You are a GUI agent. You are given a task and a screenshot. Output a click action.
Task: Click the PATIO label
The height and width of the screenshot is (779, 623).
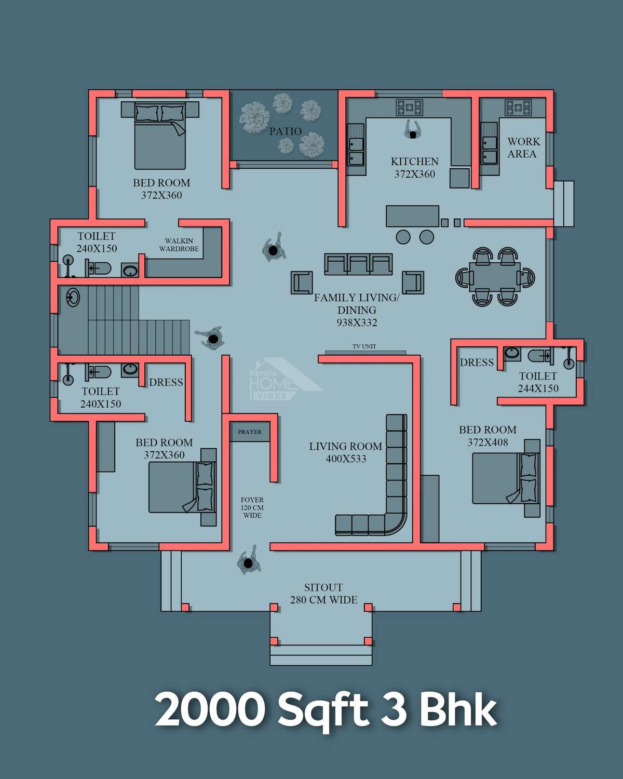285,131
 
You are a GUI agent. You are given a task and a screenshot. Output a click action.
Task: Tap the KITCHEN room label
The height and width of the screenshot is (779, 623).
414,162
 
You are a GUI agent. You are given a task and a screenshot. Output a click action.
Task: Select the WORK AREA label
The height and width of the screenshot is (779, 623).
523,147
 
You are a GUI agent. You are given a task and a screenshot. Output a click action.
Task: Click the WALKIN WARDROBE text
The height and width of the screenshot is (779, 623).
179,245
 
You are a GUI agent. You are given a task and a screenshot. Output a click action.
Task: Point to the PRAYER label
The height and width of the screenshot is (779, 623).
249,432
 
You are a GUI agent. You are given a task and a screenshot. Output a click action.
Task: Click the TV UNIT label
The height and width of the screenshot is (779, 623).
364,346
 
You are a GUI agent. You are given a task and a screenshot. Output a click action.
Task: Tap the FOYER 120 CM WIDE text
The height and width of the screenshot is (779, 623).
252,507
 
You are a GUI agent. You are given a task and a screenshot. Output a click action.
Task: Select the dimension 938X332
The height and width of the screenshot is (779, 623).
357,323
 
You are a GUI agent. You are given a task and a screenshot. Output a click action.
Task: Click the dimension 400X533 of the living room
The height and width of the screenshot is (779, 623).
346,459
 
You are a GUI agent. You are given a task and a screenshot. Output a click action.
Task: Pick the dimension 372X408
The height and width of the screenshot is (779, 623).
487,442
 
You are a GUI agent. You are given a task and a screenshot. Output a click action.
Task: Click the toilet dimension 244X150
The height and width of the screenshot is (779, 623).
538,388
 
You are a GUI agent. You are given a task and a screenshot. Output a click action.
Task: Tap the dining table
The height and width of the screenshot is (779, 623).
495,277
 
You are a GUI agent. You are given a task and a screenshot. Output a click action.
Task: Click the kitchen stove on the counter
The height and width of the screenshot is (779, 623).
410,107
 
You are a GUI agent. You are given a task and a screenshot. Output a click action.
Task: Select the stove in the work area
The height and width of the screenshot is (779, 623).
518,107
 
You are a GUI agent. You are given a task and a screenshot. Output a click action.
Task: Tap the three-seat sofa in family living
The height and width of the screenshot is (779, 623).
358,264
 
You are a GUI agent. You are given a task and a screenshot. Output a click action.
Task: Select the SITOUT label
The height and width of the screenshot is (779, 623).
323,587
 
